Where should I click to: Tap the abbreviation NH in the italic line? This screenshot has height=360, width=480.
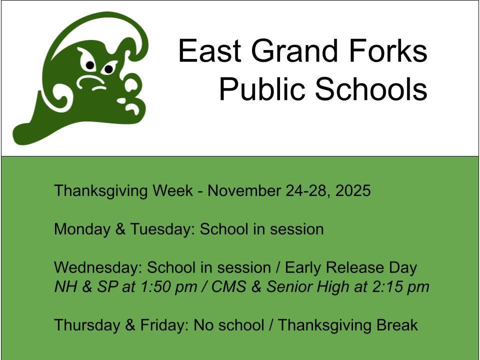[62, 287]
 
